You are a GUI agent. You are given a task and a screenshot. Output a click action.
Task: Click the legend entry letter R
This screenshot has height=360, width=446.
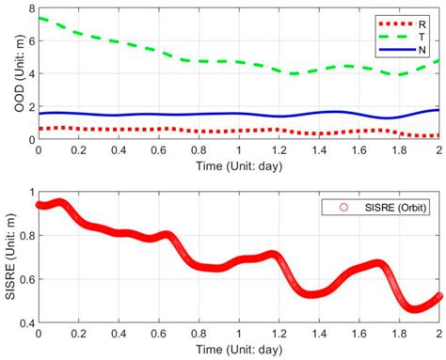pyautogui.click(x=422, y=24)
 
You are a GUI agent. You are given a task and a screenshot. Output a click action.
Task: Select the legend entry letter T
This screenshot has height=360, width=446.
pyautogui.click(x=422, y=37)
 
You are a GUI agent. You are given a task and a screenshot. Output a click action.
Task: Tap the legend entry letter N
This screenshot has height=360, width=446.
pyautogui.click(x=422, y=50)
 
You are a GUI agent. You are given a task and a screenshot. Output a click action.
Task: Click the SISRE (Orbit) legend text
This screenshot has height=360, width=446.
pyautogui.click(x=395, y=208)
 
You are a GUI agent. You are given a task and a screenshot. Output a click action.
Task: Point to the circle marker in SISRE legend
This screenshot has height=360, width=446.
pyautogui.click(x=343, y=207)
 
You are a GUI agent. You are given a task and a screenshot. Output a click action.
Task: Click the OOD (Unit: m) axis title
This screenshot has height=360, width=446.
pyautogui.click(x=19, y=74)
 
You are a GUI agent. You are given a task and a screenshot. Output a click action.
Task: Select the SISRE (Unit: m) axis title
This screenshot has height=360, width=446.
pyautogui.click(x=10, y=257)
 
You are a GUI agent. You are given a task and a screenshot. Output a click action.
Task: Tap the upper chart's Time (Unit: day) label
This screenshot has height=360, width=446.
pyautogui.click(x=239, y=165)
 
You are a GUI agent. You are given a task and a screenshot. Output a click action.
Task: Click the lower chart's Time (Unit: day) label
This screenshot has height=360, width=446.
pyautogui.click(x=239, y=349)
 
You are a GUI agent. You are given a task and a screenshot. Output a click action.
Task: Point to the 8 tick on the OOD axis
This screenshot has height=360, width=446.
pyautogui.click(x=32, y=8)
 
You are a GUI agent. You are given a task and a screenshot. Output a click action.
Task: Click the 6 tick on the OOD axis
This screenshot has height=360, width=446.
pyautogui.click(x=32, y=41)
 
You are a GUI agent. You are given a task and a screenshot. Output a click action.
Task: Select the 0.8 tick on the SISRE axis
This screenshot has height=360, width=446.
pyautogui.click(x=27, y=235)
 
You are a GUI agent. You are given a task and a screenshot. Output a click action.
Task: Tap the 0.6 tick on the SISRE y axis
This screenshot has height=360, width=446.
pyautogui.click(x=27, y=279)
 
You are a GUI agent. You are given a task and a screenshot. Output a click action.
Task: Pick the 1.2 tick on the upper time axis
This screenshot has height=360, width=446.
pyautogui.click(x=279, y=150)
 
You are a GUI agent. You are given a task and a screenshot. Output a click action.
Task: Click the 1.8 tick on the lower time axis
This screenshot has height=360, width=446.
pyautogui.click(x=399, y=334)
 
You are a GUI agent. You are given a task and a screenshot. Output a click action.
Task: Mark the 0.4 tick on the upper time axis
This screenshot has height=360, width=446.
pyautogui.click(x=119, y=150)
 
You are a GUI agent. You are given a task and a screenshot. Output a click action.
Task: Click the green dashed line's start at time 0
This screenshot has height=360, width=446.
pyautogui.click(x=39, y=18)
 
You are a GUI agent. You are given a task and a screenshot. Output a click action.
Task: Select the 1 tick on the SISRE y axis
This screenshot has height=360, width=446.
pyautogui.click(x=32, y=192)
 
